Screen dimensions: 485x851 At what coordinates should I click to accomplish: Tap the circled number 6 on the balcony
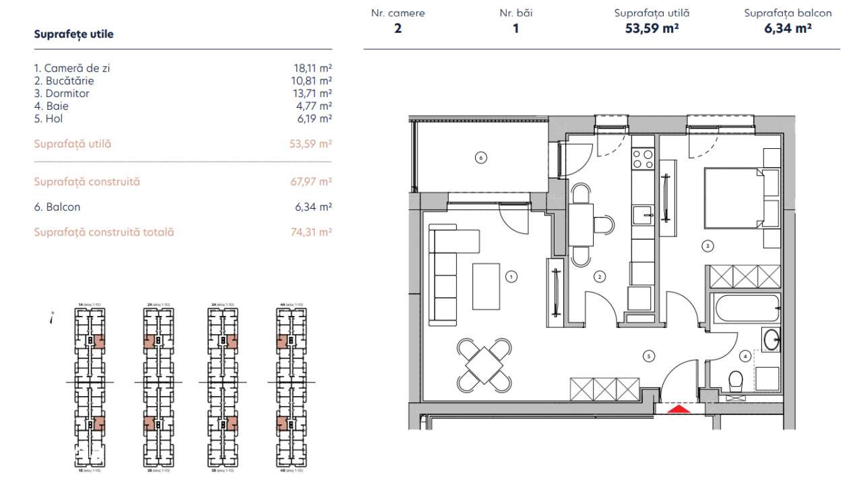pyautogui.click(x=480, y=158)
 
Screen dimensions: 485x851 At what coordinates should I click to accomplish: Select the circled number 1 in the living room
pyautogui.click(x=511, y=276)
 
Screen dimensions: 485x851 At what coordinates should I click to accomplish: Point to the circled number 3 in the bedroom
pyautogui.click(x=707, y=246)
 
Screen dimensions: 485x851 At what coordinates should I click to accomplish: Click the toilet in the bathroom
pyautogui.click(x=736, y=381)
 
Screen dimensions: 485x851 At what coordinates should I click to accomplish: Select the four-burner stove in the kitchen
pyautogui.click(x=642, y=159)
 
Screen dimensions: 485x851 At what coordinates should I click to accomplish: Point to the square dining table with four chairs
pyautogui.click(x=484, y=364)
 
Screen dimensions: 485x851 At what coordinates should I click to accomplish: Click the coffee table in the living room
pyautogui.click(x=486, y=284)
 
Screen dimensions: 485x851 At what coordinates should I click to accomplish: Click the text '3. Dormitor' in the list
pyautogui.click(x=62, y=94)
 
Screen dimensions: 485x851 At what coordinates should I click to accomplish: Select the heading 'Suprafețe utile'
pyautogui.click(x=73, y=34)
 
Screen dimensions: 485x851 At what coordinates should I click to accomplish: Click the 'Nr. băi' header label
pyautogui.click(x=516, y=13)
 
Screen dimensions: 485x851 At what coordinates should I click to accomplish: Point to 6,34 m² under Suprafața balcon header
pyautogui.click(x=787, y=28)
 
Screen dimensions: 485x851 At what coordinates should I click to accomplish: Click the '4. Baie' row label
pyautogui.click(x=51, y=106)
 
